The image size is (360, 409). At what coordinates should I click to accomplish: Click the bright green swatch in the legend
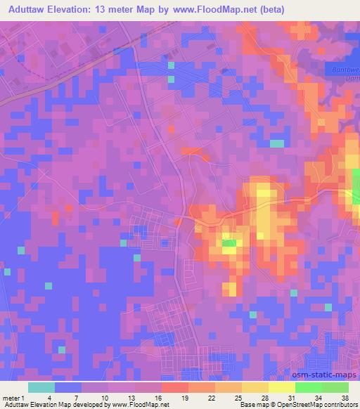click(309, 387)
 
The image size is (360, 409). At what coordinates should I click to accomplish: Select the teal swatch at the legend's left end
click(41, 387)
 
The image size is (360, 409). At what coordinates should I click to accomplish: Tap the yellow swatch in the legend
click(282, 387)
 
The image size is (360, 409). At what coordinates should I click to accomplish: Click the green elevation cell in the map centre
click(229, 245)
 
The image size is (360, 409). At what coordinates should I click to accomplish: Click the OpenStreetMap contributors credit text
click(314, 405)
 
